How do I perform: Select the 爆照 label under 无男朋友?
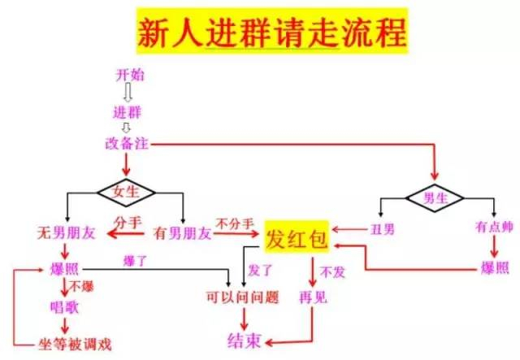click(x=64, y=269)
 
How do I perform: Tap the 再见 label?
click(x=313, y=297)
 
